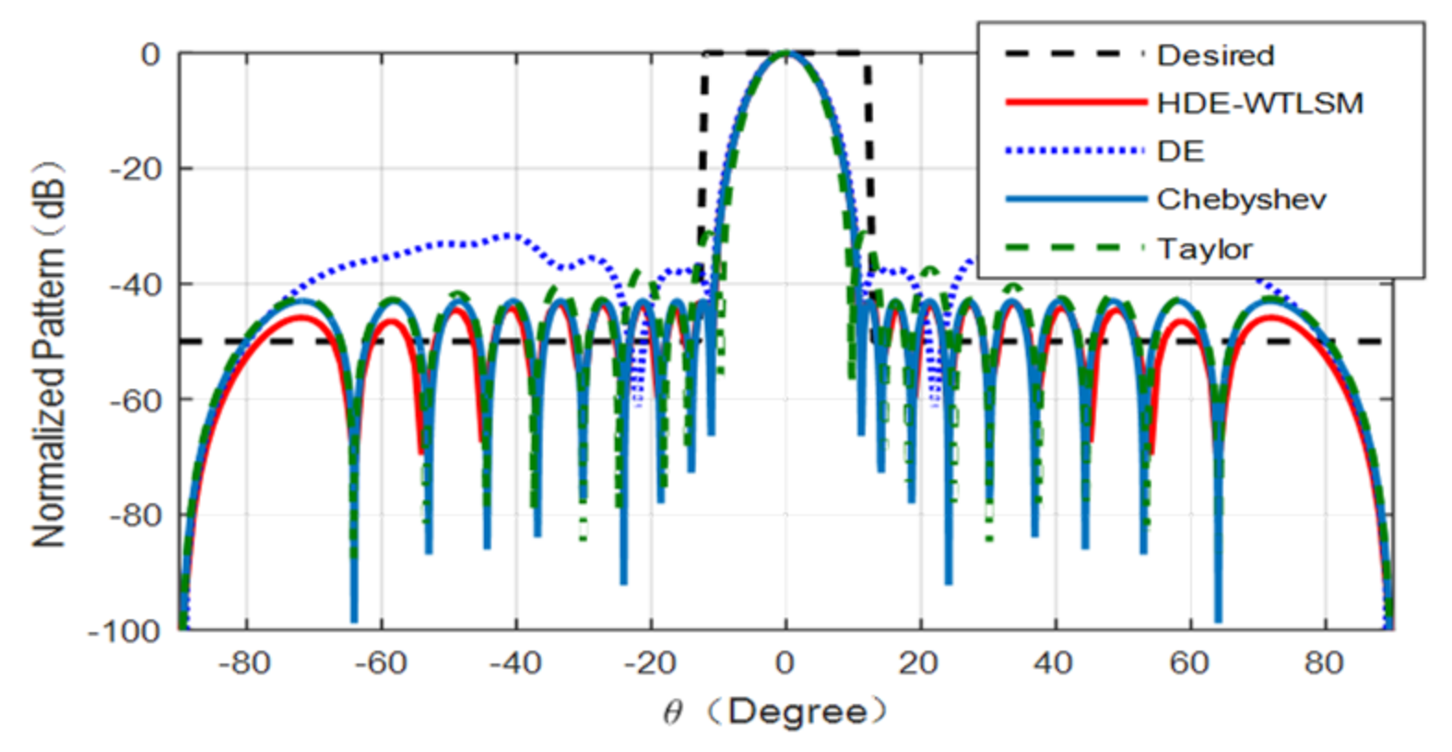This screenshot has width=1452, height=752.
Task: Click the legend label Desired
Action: coord(1215,55)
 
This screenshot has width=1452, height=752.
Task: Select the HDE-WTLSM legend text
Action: coord(1259,103)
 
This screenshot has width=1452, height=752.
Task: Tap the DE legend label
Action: coord(1180,151)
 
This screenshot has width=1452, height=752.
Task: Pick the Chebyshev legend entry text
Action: coord(1241,199)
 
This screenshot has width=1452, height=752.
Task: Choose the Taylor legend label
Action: coord(1204,249)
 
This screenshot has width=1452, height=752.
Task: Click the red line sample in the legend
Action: coord(1075,102)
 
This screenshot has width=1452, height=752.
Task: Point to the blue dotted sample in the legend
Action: coord(1075,151)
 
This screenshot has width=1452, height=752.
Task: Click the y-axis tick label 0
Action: coord(150,54)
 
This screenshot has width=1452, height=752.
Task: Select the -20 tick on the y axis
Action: coord(138,169)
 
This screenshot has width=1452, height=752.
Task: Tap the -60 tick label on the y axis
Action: coord(138,400)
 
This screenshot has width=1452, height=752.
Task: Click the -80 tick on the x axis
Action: coord(244,663)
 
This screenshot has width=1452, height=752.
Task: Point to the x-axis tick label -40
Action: coord(514,663)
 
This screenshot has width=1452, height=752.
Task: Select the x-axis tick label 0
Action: coord(785,663)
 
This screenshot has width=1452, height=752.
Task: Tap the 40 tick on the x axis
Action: coord(1054,663)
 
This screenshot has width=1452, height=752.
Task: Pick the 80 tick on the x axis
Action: coord(1324,663)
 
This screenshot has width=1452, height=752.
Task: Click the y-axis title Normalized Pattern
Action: coord(50,355)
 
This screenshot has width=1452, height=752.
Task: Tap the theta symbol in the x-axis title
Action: coord(673,712)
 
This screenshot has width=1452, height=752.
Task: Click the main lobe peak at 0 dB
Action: coord(785,53)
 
